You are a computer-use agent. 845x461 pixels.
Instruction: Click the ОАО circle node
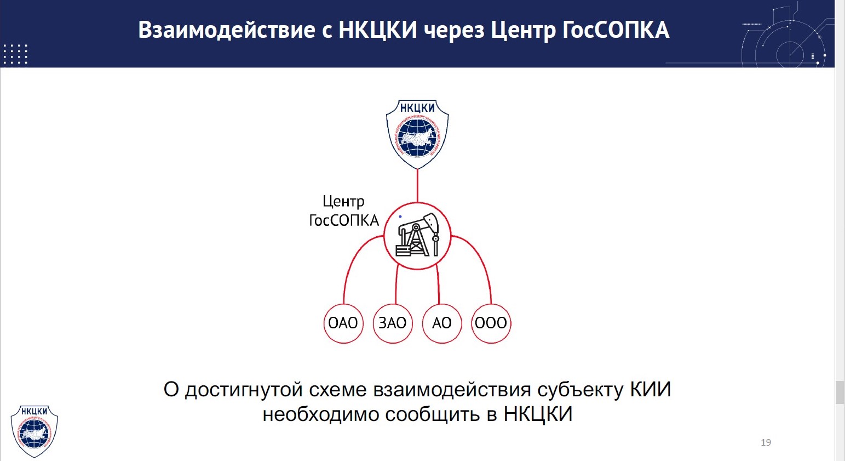pyautogui.click(x=343, y=323)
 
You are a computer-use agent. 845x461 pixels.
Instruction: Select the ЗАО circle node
pyautogui.click(x=393, y=323)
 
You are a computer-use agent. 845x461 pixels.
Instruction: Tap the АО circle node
pyautogui.click(x=442, y=323)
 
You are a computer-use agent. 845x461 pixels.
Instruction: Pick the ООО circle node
pyautogui.click(x=491, y=323)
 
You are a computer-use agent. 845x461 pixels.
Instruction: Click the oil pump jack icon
pyautogui.click(x=418, y=236)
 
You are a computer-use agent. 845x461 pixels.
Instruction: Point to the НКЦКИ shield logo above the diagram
pyautogui.click(x=417, y=134)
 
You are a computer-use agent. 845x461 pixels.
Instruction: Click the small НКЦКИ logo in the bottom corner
pyautogui.click(x=35, y=431)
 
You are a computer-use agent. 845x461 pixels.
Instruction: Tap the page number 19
pyautogui.click(x=766, y=442)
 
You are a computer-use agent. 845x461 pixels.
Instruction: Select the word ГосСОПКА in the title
pyautogui.click(x=616, y=30)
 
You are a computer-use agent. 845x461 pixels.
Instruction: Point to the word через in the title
pyautogui.click(x=454, y=30)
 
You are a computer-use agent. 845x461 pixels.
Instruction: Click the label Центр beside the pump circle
pyautogui.click(x=343, y=202)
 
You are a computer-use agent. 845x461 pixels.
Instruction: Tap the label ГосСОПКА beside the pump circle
pyautogui.click(x=344, y=220)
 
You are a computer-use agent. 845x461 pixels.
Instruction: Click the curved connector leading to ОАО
pyautogui.click(x=353, y=260)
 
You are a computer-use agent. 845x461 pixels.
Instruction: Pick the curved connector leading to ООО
pyautogui.click(x=482, y=260)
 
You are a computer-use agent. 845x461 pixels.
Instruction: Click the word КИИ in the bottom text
pyautogui.click(x=651, y=390)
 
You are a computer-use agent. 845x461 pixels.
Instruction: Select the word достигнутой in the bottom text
pyautogui.click(x=243, y=390)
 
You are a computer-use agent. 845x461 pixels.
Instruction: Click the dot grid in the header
pyautogui.click(x=15, y=54)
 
